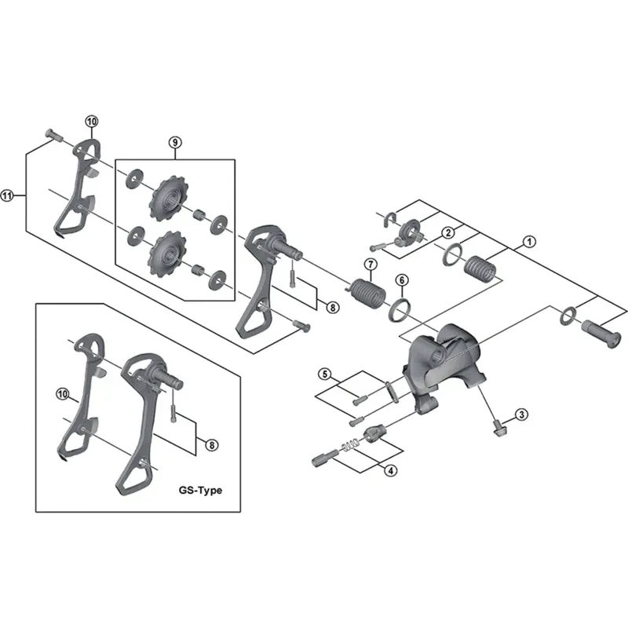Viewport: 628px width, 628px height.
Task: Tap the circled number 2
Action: (447, 232)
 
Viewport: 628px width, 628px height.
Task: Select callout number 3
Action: (521, 414)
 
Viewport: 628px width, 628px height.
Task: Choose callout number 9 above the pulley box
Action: (174, 142)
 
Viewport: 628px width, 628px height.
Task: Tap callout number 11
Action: (8, 196)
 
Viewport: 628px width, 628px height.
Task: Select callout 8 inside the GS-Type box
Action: (211, 445)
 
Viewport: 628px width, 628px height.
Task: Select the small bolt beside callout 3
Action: (498, 427)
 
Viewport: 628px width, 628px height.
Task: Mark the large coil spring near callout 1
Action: (481, 266)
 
